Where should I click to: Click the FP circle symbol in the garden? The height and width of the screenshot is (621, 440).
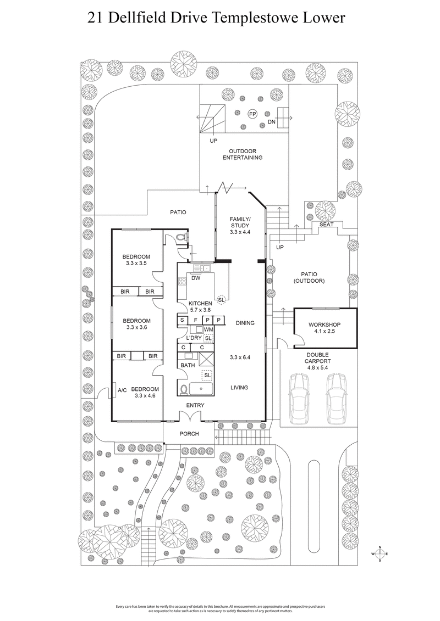[x=252, y=114]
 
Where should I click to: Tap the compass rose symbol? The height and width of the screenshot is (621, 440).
[x=380, y=554]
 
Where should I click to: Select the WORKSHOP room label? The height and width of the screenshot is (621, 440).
[x=325, y=325]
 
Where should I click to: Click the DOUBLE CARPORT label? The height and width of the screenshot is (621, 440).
[x=318, y=361]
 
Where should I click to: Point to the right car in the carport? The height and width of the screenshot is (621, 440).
[x=336, y=399]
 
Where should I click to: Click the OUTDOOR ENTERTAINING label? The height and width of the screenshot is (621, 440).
[x=242, y=154]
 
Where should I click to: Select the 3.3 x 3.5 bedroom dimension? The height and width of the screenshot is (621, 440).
[x=136, y=264]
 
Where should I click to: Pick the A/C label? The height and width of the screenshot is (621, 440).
[x=122, y=391]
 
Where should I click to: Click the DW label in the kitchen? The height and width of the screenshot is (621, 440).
[x=195, y=278]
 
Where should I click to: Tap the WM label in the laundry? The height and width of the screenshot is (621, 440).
[x=208, y=329]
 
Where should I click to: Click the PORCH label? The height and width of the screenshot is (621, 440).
[x=189, y=434]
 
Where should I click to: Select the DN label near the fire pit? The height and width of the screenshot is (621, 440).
[x=271, y=121]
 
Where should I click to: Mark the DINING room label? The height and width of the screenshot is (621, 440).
[x=245, y=323]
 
